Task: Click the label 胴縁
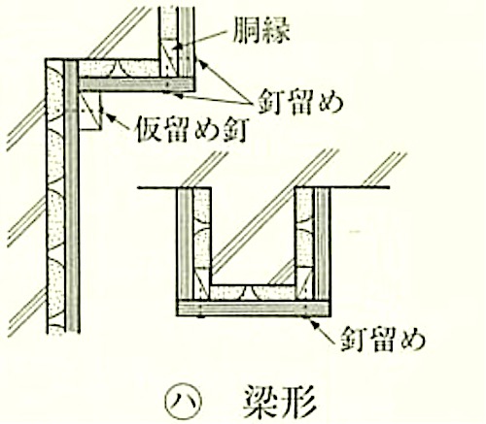click(x=261, y=30)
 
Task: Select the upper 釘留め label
click(x=299, y=102)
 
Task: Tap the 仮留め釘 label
click(x=192, y=130)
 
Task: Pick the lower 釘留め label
click(x=383, y=340)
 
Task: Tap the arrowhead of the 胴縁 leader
click(x=177, y=48)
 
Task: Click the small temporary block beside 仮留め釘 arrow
click(x=90, y=111)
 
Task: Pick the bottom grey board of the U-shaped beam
click(x=254, y=309)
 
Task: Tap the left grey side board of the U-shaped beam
click(x=186, y=245)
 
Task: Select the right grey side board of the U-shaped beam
click(x=323, y=245)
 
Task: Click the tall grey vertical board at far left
click(x=72, y=196)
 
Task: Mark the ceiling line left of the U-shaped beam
click(x=157, y=187)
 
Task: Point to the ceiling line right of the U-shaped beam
click(x=360, y=187)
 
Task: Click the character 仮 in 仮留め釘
click(x=149, y=130)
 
